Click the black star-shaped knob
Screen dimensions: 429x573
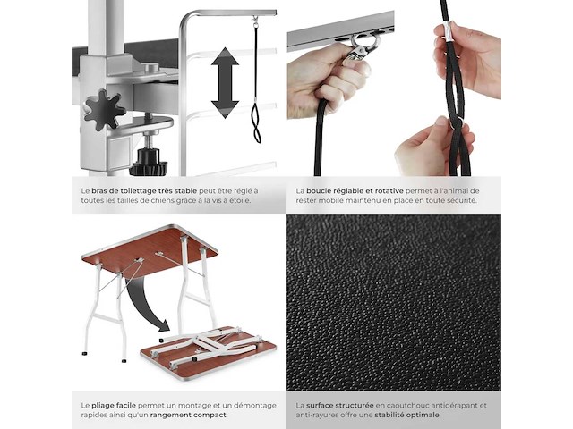pyautogui.click(x=105, y=109)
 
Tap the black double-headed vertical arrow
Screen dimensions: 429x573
pyautogui.click(x=225, y=83)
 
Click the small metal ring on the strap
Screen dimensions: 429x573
pyautogui.click(x=456, y=123)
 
